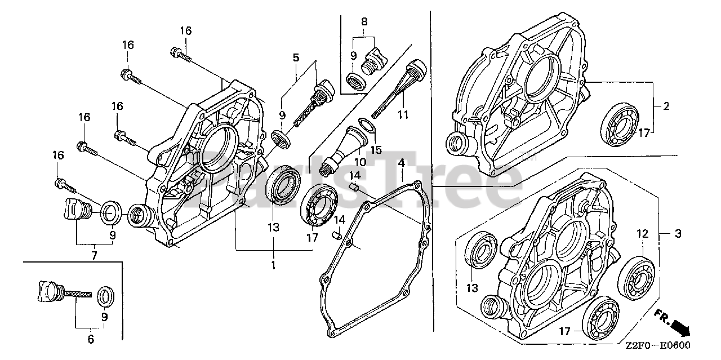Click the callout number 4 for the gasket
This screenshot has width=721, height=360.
pos(400,163)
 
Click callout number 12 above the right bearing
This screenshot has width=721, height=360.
pos(642,233)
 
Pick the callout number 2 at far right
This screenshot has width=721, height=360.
pos(666,106)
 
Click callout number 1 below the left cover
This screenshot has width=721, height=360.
pos(273,264)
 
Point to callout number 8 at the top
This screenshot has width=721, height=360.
pos(364,22)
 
